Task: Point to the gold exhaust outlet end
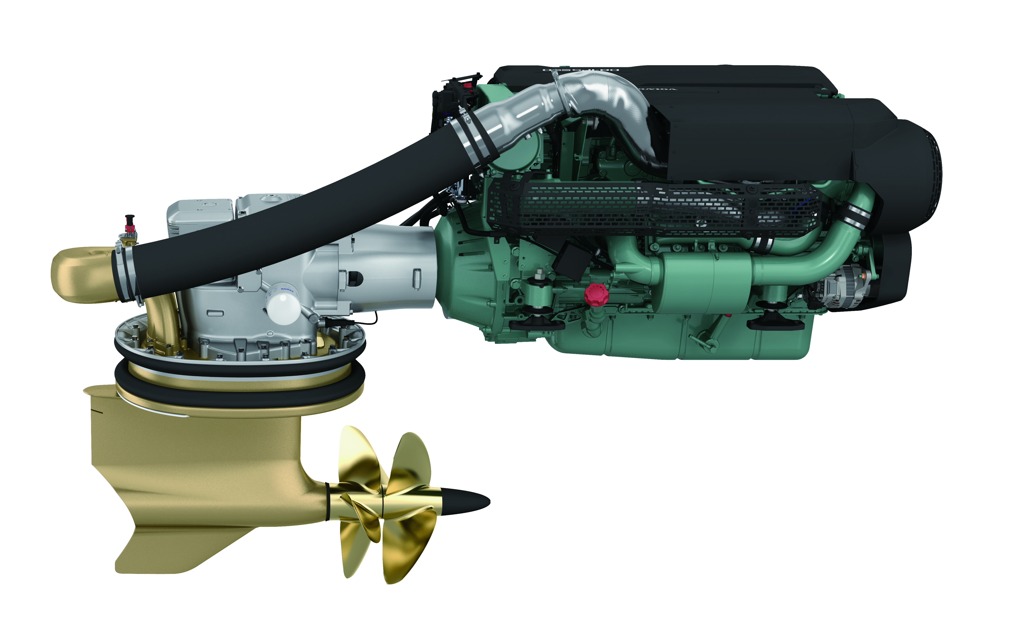coord(78,275)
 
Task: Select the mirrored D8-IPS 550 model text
coord(581,70)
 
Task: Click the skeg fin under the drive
coord(173,550)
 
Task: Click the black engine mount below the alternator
coord(775,324)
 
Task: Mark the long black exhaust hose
coord(289,231)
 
